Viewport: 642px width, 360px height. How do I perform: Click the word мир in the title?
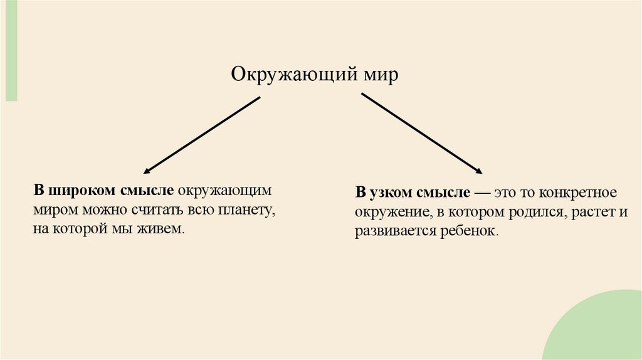click(x=381, y=75)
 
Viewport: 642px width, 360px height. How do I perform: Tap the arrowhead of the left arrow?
click(x=147, y=171)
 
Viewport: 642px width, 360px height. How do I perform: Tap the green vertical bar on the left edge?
click(x=11, y=50)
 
